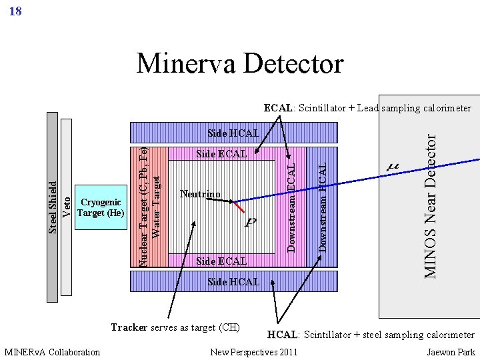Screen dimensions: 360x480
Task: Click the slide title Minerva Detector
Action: [x=240, y=64]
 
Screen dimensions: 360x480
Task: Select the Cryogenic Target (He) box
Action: [x=101, y=208]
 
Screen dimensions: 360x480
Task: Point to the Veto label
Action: [x=67, y=205]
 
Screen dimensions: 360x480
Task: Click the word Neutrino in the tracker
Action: [x=200, y=195]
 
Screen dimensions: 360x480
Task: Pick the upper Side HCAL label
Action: [x=233, y=133]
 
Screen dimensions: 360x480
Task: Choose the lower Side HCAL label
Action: [x=233, y=282]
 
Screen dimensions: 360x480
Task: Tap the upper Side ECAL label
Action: [x=221, y=154]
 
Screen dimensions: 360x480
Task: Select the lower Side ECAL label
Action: [x=221, y=261]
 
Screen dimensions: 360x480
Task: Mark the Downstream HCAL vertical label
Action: [x=323, y=207]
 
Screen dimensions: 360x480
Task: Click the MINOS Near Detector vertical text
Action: [x=431, y=205]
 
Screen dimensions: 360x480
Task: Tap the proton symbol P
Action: [x=251, y=222]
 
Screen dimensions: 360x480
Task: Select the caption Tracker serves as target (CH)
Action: [x=175, y=327]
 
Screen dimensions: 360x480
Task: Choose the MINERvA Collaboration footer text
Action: [x=52, y=352]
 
